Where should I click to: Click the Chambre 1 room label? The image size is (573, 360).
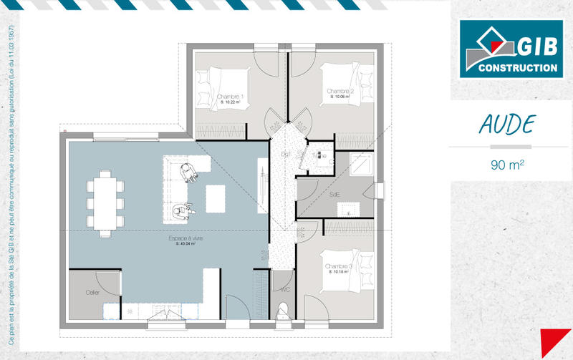coord(230,97)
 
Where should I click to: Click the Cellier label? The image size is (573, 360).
coord(92,292)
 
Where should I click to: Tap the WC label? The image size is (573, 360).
coord(285,290)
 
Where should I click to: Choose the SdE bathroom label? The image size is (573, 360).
coord(334,194)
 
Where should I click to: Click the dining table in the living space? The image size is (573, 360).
coord(104,203)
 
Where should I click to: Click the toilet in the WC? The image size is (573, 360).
coord(283,311)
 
